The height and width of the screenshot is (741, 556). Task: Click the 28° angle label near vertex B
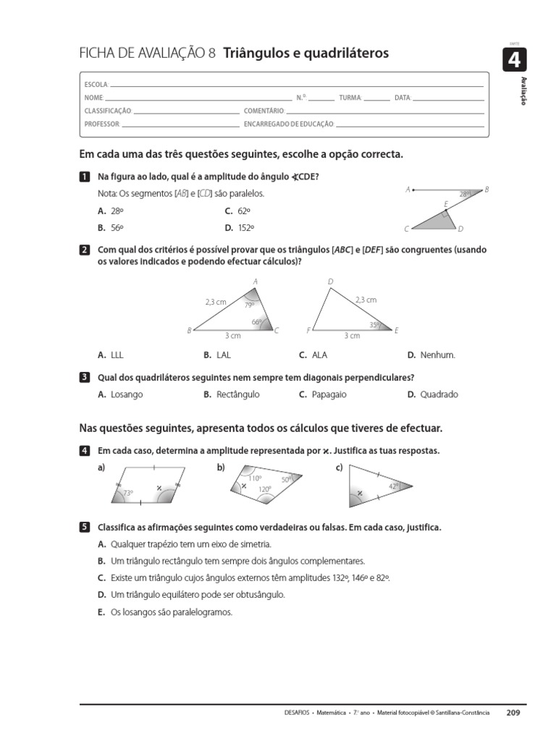465,194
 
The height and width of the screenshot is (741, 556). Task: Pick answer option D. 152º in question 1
239,227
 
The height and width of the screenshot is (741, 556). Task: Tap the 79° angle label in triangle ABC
249,305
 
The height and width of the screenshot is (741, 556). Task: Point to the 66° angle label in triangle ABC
257,322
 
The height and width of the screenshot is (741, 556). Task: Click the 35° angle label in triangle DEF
375,325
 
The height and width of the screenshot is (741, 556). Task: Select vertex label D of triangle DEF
331,281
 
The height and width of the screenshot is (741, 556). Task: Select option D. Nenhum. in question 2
431,355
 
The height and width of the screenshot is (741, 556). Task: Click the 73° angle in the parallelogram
129,493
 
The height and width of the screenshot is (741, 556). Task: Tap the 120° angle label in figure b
265,489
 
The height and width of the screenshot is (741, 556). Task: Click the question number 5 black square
85,528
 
